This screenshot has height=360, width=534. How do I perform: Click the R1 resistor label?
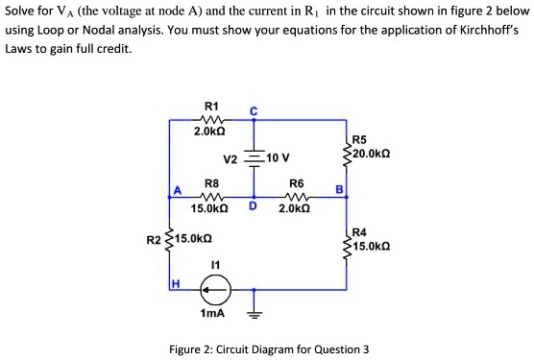212,105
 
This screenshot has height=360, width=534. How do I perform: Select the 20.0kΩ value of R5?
371,154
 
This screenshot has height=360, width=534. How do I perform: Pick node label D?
254,205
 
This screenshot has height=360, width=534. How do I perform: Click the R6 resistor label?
296,180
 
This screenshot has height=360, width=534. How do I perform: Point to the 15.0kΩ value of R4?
371,246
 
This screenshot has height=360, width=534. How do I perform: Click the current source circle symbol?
214,286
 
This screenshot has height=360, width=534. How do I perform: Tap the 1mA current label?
213,313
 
